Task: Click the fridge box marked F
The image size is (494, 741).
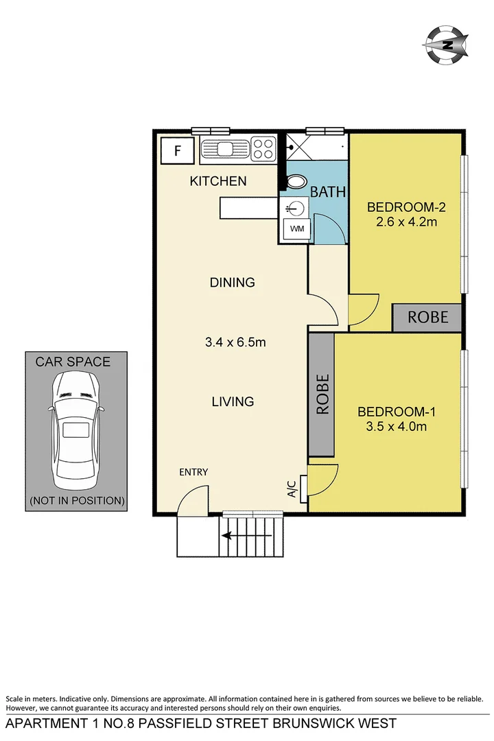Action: point(177,150)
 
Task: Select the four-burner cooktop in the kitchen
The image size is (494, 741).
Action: point(263,149)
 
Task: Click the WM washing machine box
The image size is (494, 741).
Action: point(296,228)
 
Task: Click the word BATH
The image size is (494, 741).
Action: point(328,193)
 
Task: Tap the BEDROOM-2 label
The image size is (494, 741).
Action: point(402,207)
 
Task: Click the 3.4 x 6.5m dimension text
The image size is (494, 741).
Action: point(235,342)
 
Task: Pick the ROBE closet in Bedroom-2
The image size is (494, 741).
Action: point(427,317)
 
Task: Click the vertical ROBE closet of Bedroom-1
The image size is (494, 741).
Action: point(321,395)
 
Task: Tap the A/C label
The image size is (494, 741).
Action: point(291,489)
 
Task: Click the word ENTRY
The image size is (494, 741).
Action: point(193,472)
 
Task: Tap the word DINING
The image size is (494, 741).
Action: point(232,282)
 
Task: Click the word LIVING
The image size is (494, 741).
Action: point(233,401)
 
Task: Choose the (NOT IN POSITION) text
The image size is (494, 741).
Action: point(77,501)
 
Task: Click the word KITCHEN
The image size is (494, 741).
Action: point(218,181)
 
